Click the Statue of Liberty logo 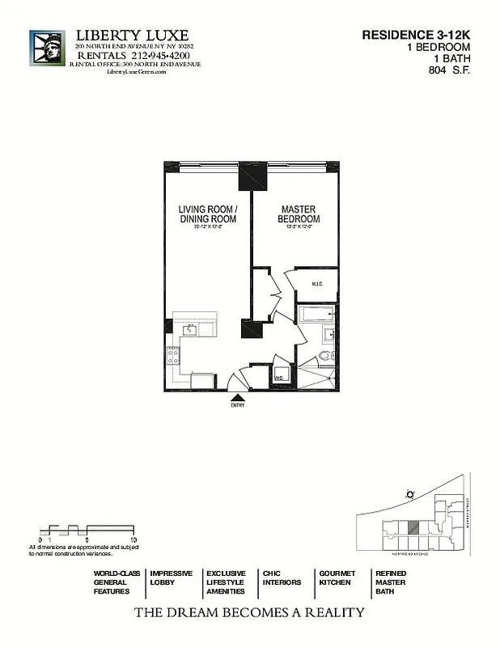(x=47, y=53)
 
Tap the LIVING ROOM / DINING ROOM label (x=207, y=214)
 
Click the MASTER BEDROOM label (x=299, y=214)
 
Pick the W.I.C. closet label (x=316, y=283)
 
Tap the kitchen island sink (x=192, y=330)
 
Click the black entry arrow (x=238, y=396)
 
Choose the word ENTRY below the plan (x=238, y=405)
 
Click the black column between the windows (x=252, y=176)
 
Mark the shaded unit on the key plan (x=413, y=526)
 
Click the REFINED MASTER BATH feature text (x=390, y=582)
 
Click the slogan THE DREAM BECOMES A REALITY (x=249, y=612)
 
